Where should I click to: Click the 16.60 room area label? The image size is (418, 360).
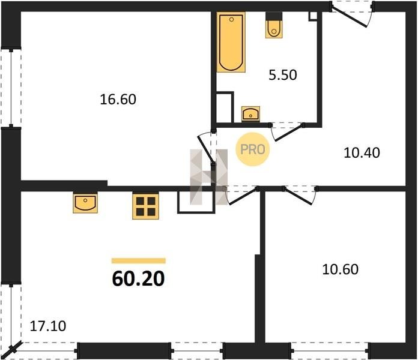118,100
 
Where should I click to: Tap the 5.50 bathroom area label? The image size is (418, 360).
283,75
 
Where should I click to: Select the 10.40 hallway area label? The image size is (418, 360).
362,153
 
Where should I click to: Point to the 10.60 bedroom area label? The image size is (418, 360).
340,269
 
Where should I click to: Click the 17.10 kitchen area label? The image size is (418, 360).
47,326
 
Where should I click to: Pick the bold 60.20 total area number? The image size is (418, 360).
138,279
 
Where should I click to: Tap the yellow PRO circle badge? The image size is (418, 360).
252,149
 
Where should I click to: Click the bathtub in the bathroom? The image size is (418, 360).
231,42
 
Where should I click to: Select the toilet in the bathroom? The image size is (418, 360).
274,26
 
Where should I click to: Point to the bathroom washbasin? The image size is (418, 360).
250,114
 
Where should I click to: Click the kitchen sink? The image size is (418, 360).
85,203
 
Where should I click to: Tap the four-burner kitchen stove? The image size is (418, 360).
145,206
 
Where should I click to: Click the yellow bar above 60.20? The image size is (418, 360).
139,260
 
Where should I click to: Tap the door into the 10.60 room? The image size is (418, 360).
298,197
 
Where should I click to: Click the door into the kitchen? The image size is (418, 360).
242,197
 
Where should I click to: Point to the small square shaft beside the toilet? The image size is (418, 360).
313,16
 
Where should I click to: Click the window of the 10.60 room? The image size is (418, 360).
330,350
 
